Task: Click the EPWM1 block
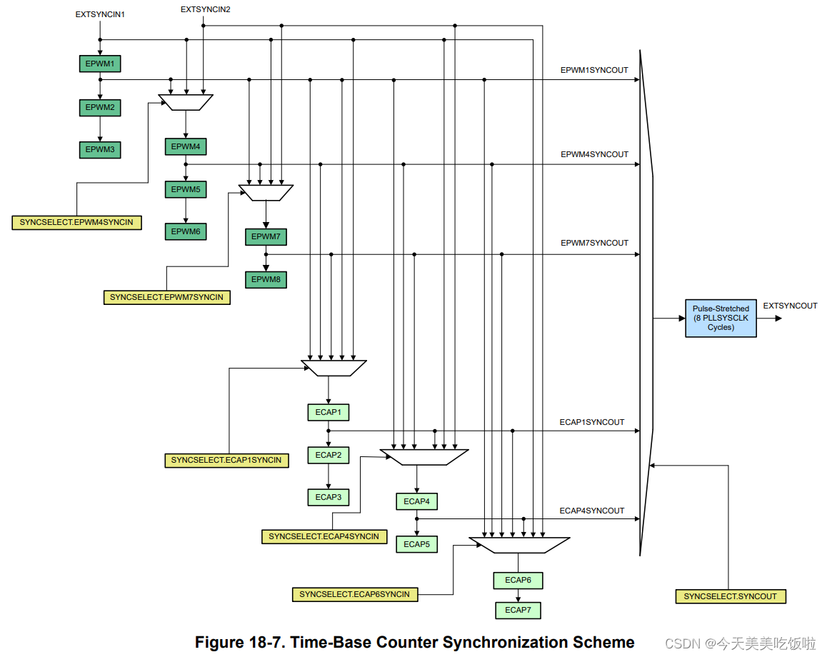coord(100,64)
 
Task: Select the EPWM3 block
coord(100,150)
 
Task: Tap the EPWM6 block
coord(186,231)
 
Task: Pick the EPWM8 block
coord(266,279)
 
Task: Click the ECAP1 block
coord(328,412)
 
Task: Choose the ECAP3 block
coord(328,497)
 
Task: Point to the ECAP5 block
coord(416,544)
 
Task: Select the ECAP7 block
coord(518,610)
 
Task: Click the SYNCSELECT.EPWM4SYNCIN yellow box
coord(76,223)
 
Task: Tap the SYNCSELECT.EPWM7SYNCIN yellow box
coord(166,297)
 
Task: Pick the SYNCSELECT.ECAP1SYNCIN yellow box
coord(226,461)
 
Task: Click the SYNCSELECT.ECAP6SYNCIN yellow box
coord(355,594)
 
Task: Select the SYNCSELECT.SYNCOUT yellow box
coord(731,596)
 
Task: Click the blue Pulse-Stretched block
coord(721,318)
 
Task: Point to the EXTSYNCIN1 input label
coord(100,15)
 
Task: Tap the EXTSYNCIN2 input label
coord(205,9)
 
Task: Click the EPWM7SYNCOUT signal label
coord(594,243)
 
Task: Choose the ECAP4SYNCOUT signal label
coord(592,511)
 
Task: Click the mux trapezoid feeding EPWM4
coord(186,102)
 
